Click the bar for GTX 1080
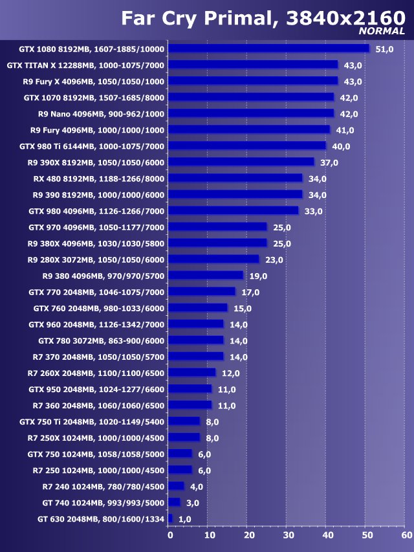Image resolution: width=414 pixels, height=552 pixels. coord(268,49)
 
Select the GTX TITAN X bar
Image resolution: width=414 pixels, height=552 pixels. coord(253,65)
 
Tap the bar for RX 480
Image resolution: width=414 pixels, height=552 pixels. coord(235,178)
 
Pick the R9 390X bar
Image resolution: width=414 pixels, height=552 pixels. coord(241,162)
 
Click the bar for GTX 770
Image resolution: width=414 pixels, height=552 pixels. coord(202,292)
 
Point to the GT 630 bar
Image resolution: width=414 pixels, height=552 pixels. coord(171,518)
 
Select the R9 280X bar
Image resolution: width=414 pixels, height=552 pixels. coord(213,259)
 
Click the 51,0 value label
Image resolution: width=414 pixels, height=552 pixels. coord(384,49)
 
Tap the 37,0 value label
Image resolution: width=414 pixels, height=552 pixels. coord(329,162)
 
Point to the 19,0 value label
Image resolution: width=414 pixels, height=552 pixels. coord(258,276)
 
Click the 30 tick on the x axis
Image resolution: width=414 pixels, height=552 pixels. coord(288,535)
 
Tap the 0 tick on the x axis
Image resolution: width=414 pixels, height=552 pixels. coord(170,535)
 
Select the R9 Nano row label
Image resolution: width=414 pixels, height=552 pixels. coord(102,114)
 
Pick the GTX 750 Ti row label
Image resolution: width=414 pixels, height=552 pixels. coord(92,421)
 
